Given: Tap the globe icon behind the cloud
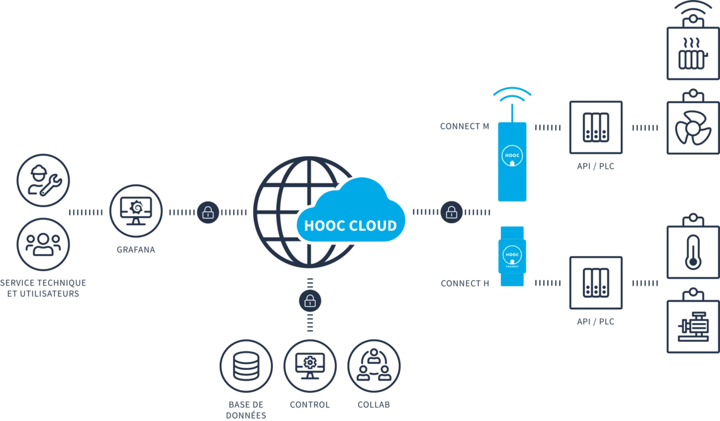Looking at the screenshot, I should (x=278, y=190).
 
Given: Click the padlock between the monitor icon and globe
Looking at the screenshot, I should (x=208, y=212).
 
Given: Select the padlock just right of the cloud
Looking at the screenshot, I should (x=452, y=212).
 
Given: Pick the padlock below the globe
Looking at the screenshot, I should (x=309, y=301).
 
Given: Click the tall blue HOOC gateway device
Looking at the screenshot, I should (x=512, y=161).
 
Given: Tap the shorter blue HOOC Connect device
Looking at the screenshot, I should (x=512, y=256).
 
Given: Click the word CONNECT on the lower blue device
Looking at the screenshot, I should (x=512, y=265).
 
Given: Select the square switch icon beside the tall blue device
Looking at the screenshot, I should (x=596, y=126).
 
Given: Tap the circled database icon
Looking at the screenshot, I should (x=246, y=367).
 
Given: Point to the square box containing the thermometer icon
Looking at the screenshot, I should (x=691, y=253).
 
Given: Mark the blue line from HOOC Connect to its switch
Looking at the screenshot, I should (x=547, y=276).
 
